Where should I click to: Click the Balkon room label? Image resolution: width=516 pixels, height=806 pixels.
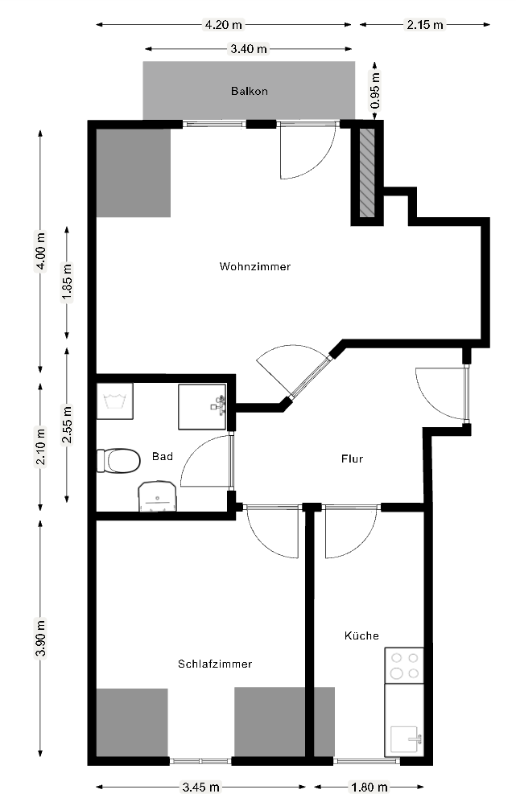pos(249,91)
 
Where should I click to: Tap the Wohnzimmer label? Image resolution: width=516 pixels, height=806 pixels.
pos(254,266)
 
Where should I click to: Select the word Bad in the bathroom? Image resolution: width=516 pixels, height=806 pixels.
pos(162,456)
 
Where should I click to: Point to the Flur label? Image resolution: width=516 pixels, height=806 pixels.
pos(352,459)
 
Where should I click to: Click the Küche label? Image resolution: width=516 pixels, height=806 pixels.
pos(361,635)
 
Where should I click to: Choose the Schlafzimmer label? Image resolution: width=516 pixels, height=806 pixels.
pos(214,664)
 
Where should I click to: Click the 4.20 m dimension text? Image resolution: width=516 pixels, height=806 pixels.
pos(223,24)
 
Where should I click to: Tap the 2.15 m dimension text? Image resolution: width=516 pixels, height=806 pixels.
pos(424,24)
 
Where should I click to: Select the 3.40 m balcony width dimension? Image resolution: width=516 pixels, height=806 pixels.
pos(249,49)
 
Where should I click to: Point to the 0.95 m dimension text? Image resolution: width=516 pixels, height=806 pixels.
pos(375,90)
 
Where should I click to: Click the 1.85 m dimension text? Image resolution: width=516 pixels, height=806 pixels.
pos(67,282)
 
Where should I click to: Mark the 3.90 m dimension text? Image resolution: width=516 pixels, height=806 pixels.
pos(40,639)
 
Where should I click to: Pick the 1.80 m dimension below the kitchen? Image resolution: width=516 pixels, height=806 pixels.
pos(369,787)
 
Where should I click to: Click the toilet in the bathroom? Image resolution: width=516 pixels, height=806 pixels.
pos(119,461)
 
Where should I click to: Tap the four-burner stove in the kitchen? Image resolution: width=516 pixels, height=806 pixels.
pos(404,666)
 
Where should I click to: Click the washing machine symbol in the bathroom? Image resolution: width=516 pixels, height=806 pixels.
pos(115,401)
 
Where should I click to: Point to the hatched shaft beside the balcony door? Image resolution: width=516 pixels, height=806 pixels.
pos(367,173)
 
